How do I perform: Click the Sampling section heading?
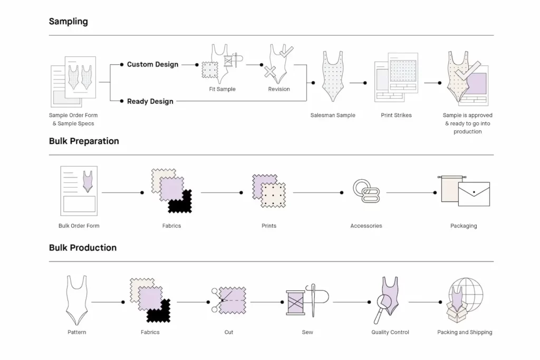point(68,22)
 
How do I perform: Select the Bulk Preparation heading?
point(84,141)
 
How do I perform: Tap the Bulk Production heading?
point(83,248)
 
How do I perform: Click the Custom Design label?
point(152,64)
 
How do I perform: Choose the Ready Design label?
point(150,101)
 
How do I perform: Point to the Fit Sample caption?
point(222,89)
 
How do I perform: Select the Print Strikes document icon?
point(396,77)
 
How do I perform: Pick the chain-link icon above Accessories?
point(363,191)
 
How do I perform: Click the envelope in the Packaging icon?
point(474,193)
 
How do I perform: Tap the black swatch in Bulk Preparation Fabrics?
point(181,202)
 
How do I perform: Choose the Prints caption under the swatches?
point(269,226)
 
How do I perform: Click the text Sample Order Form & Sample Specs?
point(73,120)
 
